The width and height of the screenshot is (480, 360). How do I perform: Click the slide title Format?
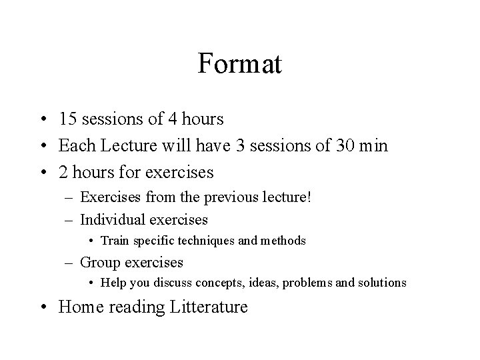(240, 65)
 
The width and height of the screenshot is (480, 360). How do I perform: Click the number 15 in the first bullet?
(67, 119)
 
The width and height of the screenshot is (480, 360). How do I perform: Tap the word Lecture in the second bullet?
(120, 145)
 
